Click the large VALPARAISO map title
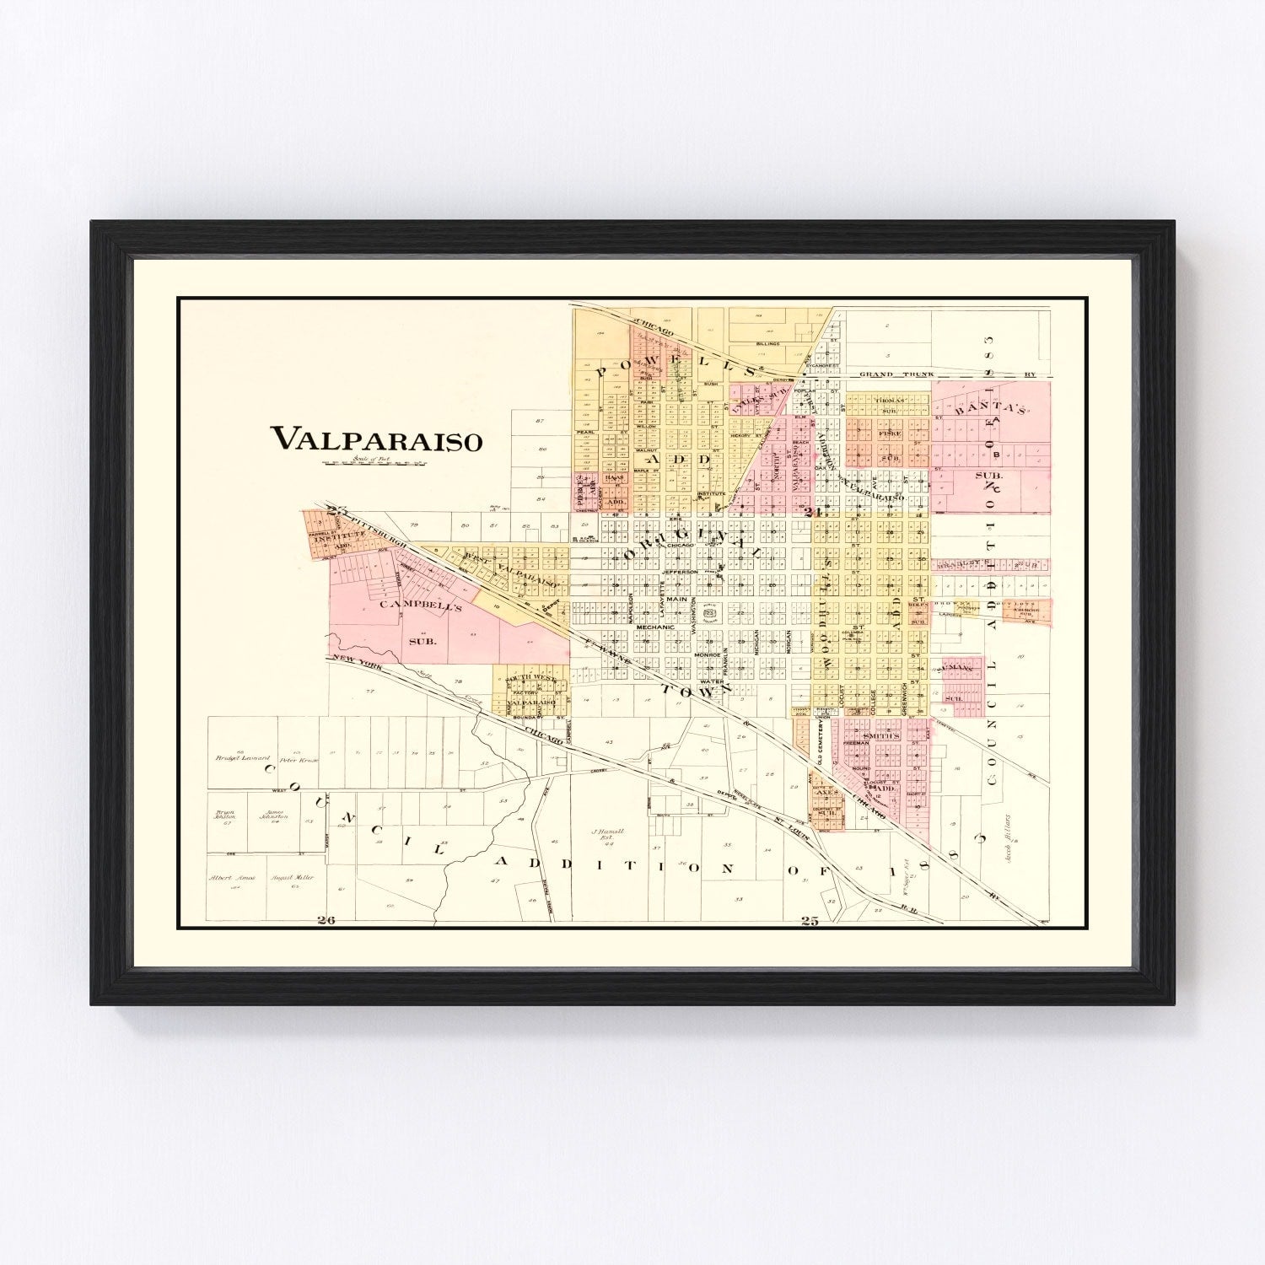point(376,439)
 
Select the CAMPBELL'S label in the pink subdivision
point(410,605)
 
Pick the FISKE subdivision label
point(890,433)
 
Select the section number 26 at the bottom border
point(326,920)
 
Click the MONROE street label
point(705,654)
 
